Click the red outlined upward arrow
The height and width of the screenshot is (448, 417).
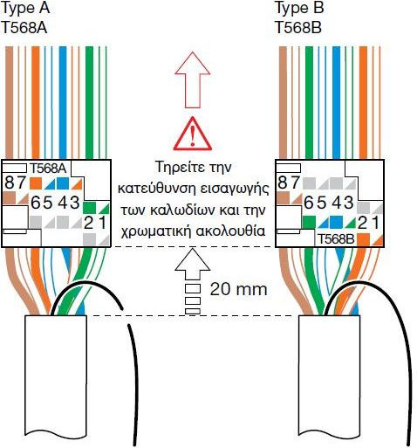tap(193, 79)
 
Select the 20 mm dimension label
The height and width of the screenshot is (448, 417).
tap(238, 289)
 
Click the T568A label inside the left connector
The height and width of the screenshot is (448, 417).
tap(48, 169)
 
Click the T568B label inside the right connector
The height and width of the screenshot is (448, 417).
tap(336, 239)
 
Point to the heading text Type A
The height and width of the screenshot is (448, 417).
tap(25, 8)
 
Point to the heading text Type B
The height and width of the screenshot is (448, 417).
tap(299, 8)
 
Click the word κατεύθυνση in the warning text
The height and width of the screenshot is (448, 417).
tap(158, 189)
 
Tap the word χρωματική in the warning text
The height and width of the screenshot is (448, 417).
tap(156, 231)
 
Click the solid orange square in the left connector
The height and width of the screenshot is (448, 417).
tap(36, 183)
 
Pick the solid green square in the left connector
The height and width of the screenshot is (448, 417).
tap(89, 208)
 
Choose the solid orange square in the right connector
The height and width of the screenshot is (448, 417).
tap(364, 239)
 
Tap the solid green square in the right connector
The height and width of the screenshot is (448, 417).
tap(309, 222)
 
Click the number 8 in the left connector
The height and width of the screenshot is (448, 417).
tap(10, 183)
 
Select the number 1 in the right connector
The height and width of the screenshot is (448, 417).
tap(376, 223)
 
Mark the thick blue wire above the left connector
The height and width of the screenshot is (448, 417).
tap(63, 102)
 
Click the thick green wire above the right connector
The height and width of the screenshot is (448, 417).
tap(309, 102)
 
